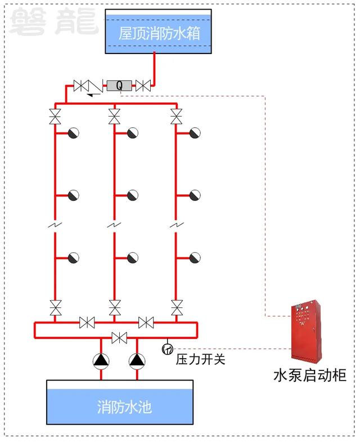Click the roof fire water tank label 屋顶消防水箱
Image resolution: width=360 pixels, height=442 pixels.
pos(159,33)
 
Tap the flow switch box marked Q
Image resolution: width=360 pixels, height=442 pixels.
pos(119,86)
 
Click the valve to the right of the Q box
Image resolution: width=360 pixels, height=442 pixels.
pos(143,86)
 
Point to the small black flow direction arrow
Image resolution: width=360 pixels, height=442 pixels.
pos(94,95)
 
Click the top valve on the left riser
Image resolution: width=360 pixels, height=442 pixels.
pos(55,117)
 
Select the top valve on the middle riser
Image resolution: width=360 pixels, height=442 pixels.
pos(114,117)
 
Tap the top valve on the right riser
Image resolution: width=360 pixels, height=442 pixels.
pos(177,117)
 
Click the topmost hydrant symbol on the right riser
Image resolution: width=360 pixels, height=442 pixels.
pos(195,133)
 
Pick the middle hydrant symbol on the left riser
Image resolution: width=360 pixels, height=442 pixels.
pos(74,195)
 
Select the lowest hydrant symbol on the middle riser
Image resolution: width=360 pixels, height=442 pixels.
pos(133,258)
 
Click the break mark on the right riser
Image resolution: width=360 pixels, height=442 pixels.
pos(177,225)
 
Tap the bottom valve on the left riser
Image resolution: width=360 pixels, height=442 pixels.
pos(56,308)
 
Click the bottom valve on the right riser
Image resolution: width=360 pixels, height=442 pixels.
pos(177,308)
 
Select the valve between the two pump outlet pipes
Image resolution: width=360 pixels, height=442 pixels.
pos(119,338)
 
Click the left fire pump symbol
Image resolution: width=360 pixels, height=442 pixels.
pos(101,361)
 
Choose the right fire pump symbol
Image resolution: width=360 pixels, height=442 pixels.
pos(137,361)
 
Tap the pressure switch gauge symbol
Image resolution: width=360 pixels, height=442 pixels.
pos(167,349)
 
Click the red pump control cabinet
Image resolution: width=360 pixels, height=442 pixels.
pos(306,332)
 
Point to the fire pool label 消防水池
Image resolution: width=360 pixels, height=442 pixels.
pos(124,407)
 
